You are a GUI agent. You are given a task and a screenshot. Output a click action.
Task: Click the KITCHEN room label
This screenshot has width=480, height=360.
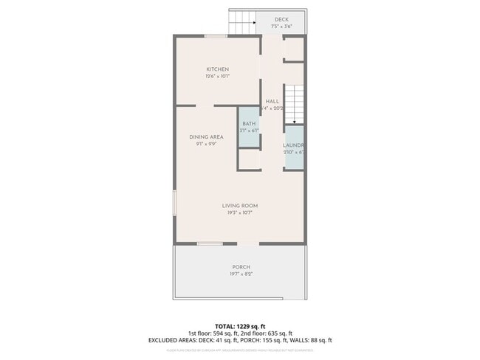pos(217,69)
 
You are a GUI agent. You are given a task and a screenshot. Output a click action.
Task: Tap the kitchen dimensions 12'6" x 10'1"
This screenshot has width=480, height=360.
pos(217,77)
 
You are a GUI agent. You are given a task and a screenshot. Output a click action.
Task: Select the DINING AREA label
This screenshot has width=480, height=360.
pos(206,136)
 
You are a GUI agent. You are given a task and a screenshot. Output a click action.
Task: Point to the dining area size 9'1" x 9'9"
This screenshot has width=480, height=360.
pos(206,144)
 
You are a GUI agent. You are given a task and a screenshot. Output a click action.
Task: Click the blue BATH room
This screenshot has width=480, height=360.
pos(249,127)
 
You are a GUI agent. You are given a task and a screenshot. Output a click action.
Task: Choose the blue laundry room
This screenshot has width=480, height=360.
pos(295,148)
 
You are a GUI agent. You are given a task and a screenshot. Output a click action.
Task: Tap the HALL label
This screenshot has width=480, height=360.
pos(272,101)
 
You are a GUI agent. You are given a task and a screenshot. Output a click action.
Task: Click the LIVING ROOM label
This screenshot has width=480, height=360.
pos(240,205)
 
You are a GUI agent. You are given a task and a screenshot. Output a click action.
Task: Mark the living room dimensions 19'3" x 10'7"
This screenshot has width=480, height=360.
pos(240,212)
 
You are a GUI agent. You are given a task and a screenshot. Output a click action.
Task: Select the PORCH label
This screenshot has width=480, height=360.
pos(241,267)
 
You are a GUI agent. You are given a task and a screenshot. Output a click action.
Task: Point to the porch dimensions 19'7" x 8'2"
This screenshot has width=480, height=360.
pos(241,274)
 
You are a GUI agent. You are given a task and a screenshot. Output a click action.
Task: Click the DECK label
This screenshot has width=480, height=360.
pos(281,20)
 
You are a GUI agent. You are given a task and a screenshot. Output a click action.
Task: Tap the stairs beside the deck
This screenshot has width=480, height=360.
pos(241,23)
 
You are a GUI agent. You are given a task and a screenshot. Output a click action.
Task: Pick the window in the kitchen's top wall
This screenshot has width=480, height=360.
pos(216,35)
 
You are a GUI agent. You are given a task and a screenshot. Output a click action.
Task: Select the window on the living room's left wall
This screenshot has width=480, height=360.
pos(175,203)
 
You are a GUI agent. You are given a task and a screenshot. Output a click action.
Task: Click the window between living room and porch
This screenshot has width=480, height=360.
pos(210,243)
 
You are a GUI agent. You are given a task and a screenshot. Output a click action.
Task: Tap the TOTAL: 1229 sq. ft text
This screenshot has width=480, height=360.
pos(240,325)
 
